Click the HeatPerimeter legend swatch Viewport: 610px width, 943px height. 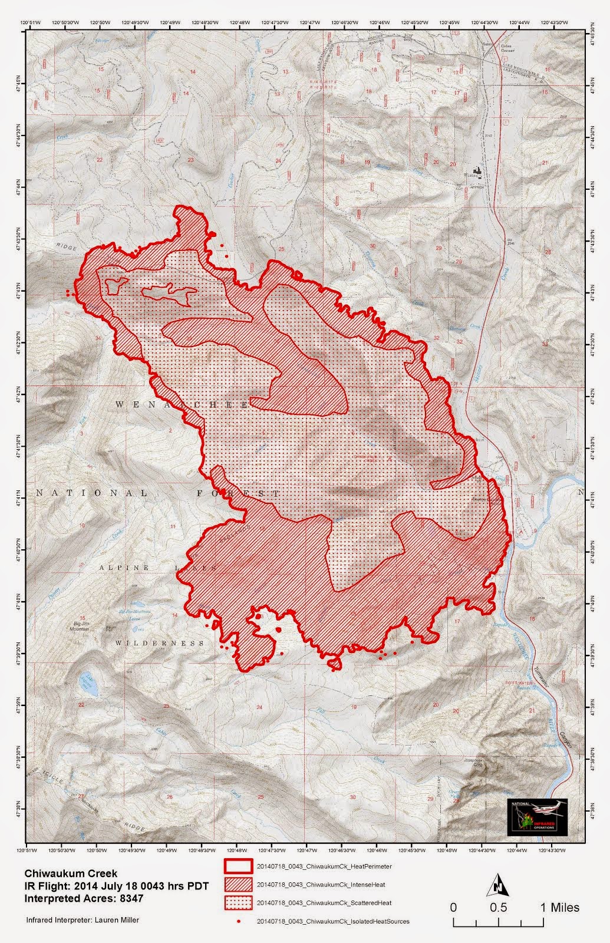point(238,866)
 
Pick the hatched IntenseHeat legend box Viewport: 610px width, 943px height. point(238,884)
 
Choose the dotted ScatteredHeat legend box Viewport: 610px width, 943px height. point(238,902)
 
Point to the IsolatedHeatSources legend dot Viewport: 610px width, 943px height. point(238,921)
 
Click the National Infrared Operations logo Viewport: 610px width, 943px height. point(537,817)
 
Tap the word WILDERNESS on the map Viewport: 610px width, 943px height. point(160,643)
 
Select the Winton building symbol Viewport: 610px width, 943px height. point(478,173)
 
